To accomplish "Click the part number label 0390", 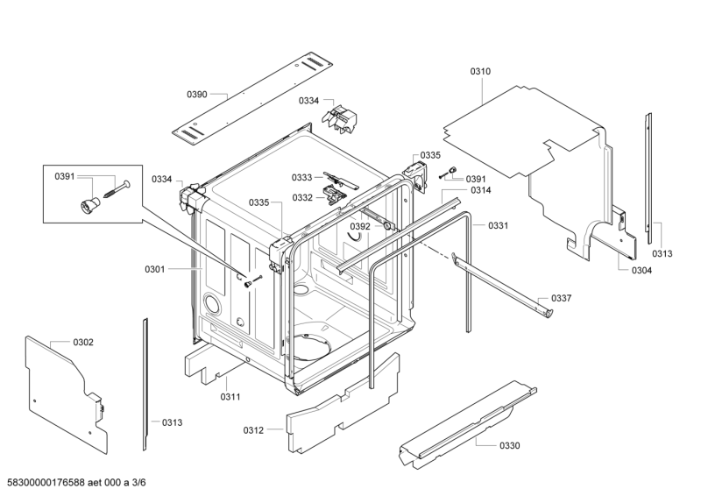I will (x=196, y=94).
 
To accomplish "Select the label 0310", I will (x=481, y=71).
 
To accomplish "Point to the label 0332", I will (x=303, y=197).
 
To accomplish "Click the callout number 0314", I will (x=480, y=190).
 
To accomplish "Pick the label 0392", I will (x=360, y=226).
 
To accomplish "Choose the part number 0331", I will (x=498, y=226).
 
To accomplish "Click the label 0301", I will (x=154, y=269).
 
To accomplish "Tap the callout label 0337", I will (x=562, y=298).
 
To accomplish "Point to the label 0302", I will (x=83, y=342).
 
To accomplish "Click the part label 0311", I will (x=230, y=397).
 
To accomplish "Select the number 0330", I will (x=509, y=446).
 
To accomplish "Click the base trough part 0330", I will (x=464, y=421).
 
